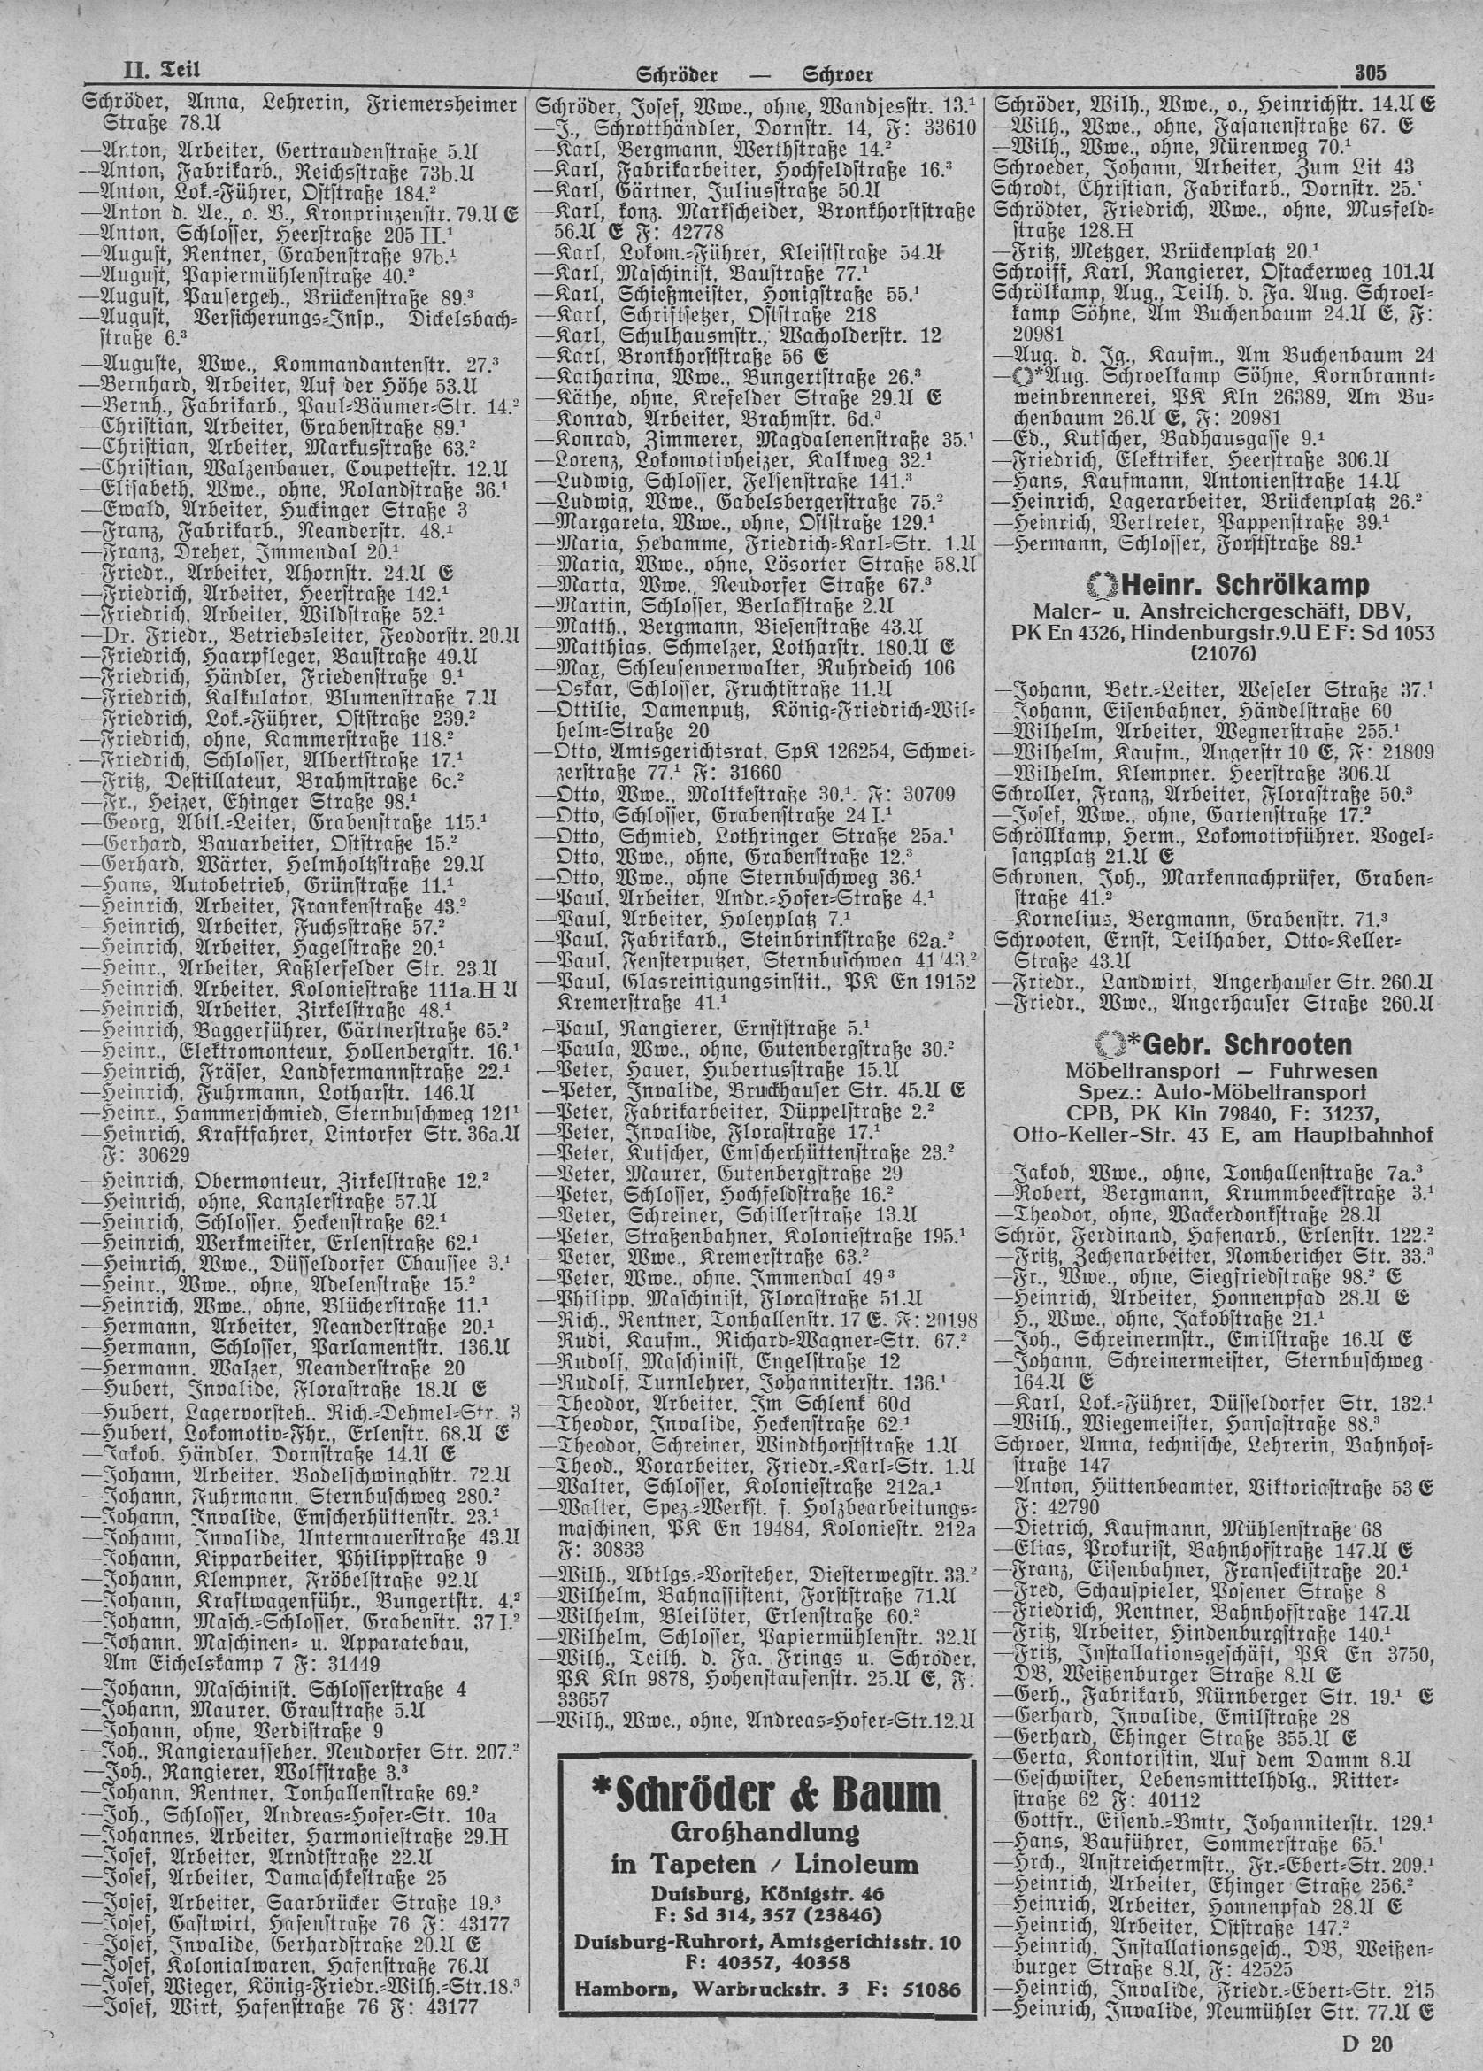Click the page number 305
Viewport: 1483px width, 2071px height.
click(1371, 73)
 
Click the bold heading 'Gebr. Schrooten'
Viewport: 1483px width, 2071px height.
click(1224, 1044)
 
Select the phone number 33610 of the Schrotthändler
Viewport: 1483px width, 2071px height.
click(947, 127)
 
